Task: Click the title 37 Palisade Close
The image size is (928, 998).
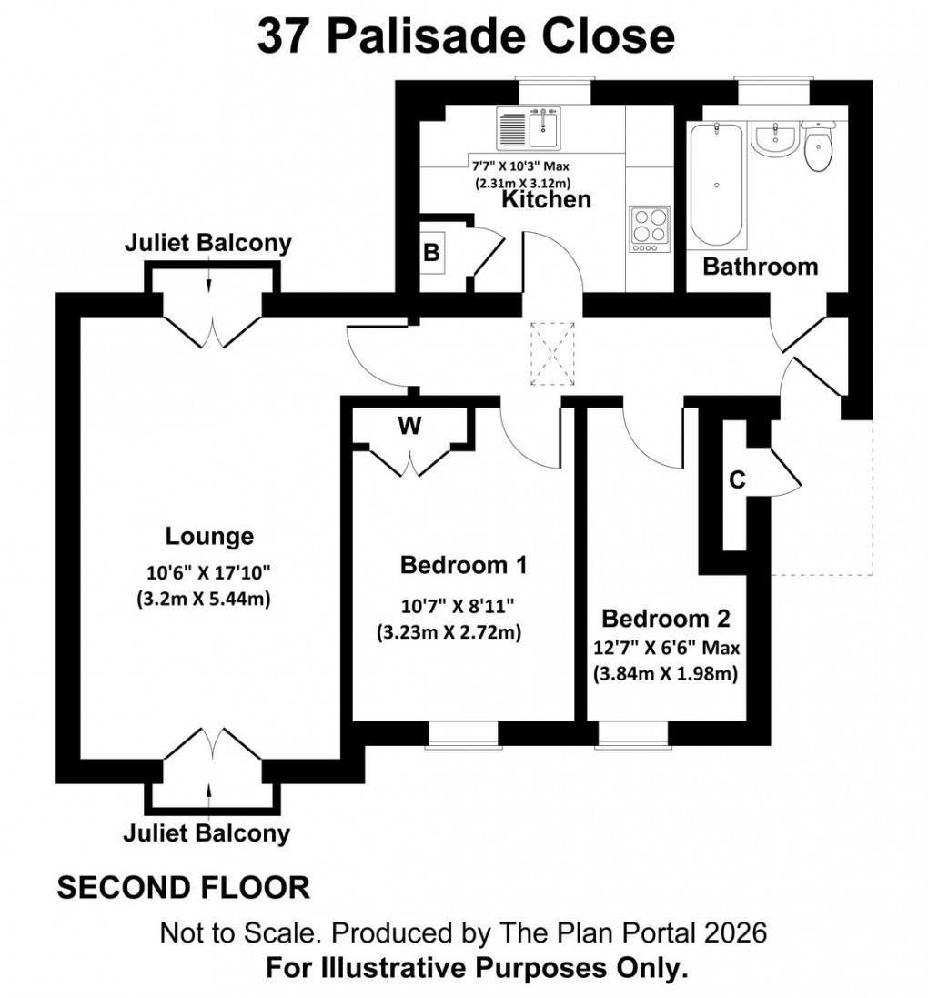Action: coord(465,37)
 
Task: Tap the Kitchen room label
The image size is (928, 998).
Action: coord(547,198)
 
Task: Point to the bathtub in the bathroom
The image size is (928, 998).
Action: coord(718,186)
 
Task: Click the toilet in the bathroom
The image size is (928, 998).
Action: coord(820,145)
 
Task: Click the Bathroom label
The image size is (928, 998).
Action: coord(760,267)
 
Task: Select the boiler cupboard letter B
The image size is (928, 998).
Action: coord(430,254)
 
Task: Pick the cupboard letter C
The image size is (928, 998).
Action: coord(737,479)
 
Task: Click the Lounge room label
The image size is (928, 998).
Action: coord(209,536)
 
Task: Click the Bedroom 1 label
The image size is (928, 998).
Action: coord(463,565)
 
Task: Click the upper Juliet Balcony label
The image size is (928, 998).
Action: coord(209,243)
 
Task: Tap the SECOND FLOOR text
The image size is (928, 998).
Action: coord(183,887)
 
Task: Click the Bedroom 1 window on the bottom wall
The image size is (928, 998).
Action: coord(463,734)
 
